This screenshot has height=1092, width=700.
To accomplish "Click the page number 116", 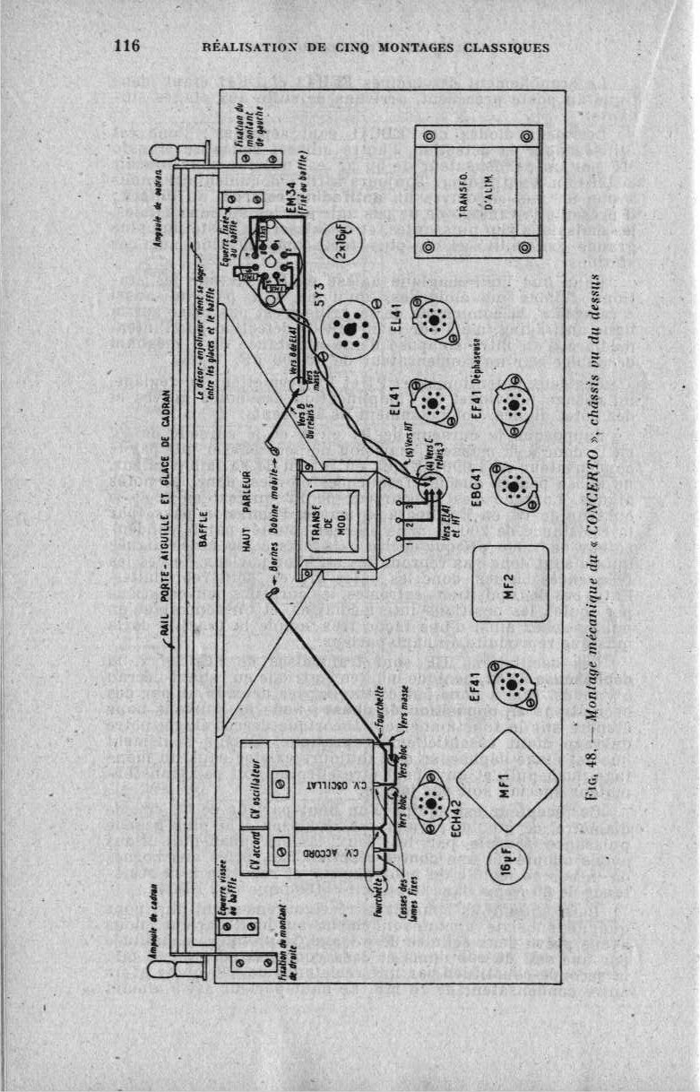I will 125,47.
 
